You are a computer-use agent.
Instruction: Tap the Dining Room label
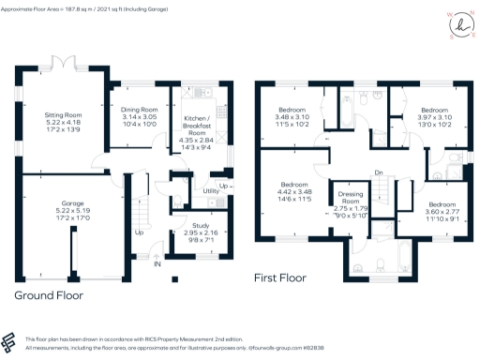(x=138, y=115)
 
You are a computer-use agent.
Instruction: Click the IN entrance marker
(x=157, y=264)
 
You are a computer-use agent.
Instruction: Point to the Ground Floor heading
(x=49, y=294)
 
